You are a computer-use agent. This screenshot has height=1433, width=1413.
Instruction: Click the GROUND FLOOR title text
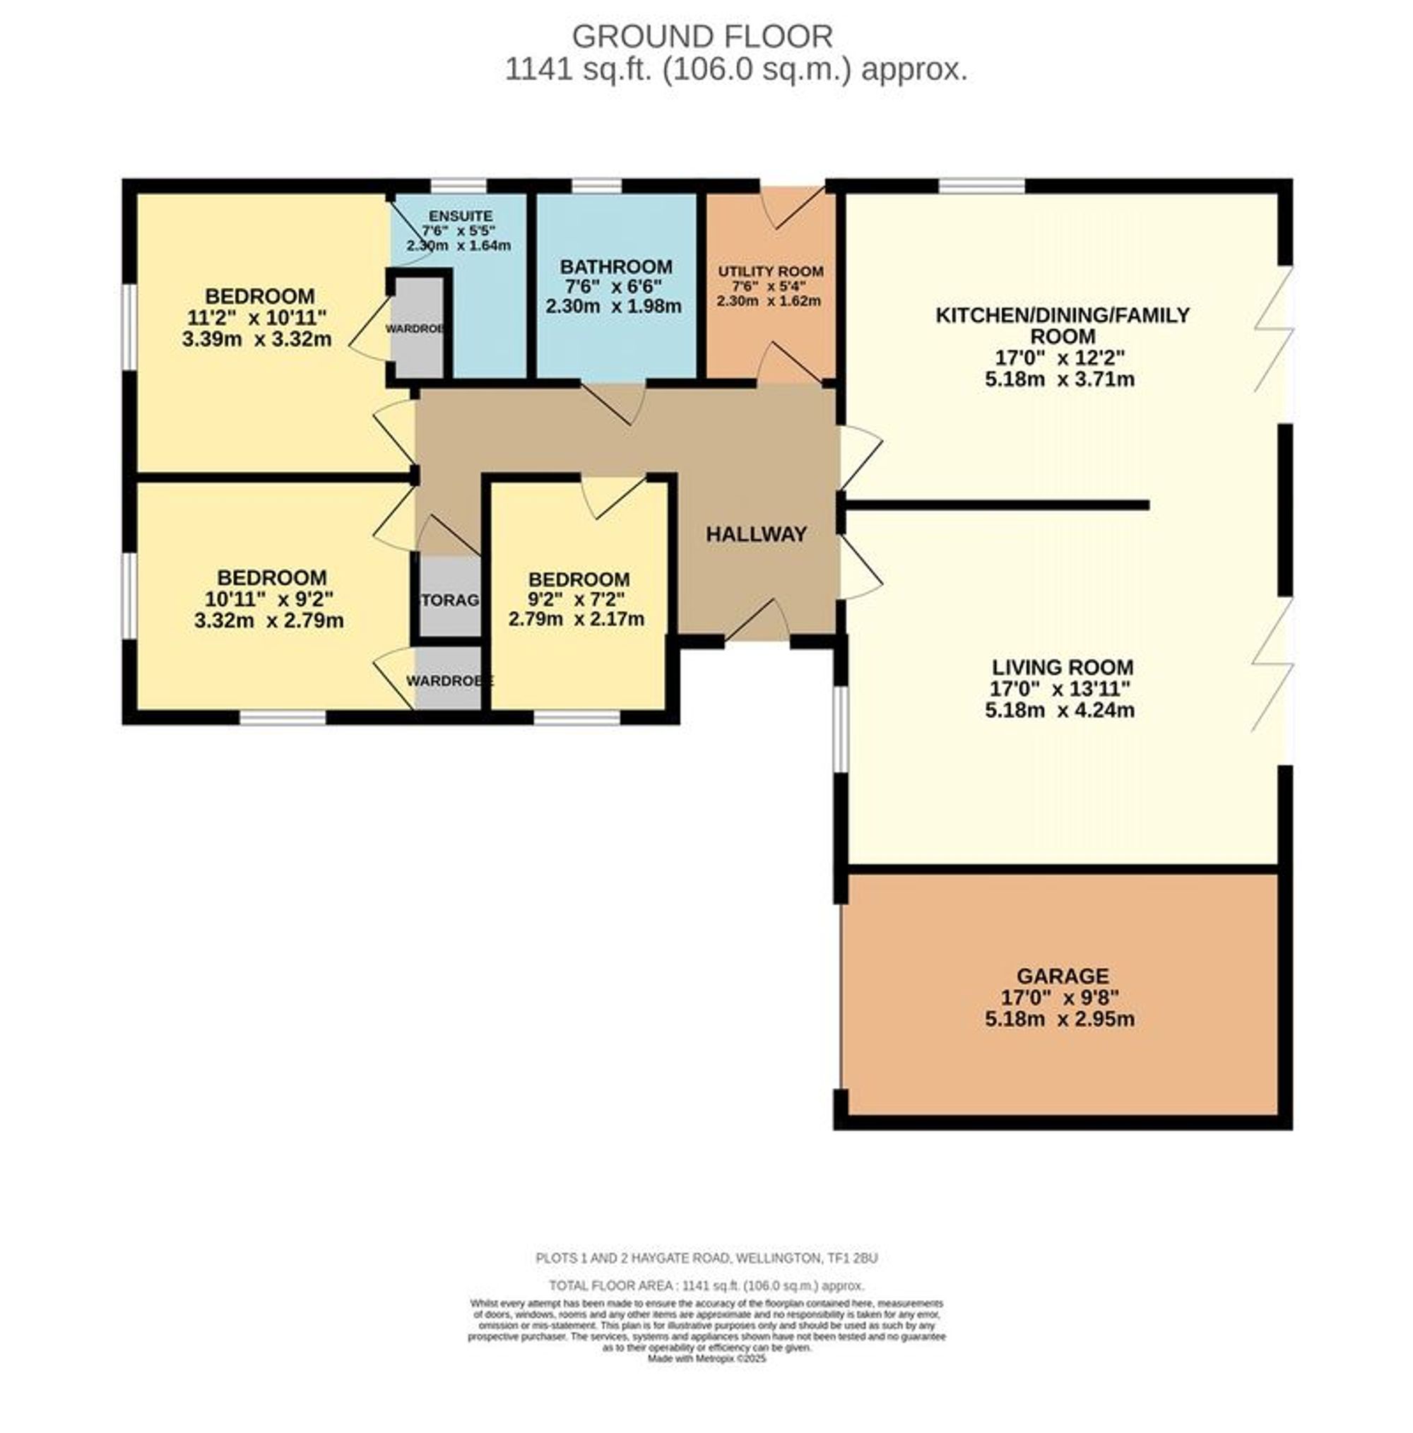(x=702, y=36)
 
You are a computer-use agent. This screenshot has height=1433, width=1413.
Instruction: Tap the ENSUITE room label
(x=460, y=216)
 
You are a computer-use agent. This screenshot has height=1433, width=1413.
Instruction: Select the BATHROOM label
(x=615, y=266)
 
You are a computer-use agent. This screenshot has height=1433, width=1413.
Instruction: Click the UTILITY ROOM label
(x=770, y=271)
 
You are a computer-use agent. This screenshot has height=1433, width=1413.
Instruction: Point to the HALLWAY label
(x=755, y=534)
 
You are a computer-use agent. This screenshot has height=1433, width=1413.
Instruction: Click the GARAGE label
(x=1062, y=976)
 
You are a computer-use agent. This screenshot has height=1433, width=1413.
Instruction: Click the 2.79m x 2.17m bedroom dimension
(x=576, y=618)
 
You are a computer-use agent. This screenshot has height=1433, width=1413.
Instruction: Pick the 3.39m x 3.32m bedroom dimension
(x=256, y=340)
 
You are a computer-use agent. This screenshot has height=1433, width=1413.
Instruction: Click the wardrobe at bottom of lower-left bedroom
(x=448, y=677)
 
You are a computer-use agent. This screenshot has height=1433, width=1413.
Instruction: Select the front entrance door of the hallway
(x=758, y=623)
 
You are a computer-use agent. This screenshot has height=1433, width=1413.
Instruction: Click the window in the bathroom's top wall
(x=596, y=185)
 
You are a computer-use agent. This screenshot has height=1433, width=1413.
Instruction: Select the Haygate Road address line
(x=705, y=1258)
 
